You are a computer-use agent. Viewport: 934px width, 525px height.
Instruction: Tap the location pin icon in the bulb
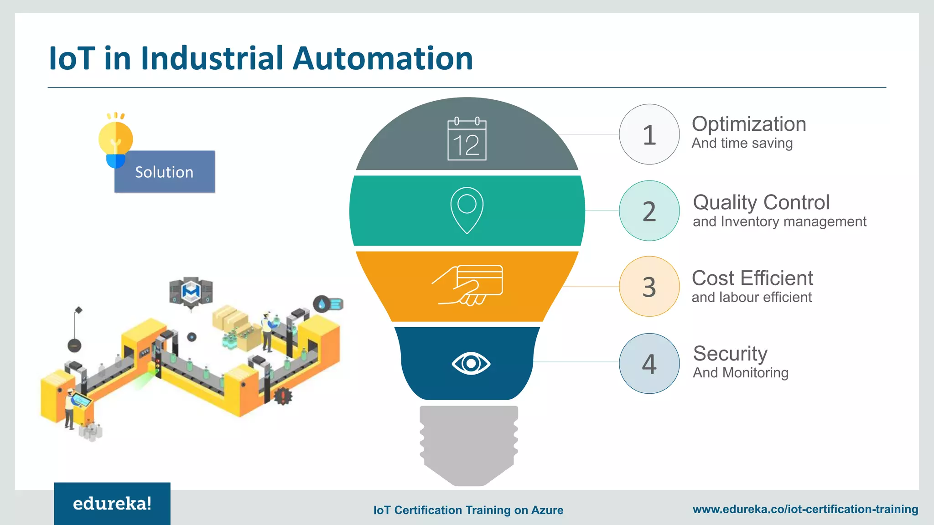click(x=467, y=210)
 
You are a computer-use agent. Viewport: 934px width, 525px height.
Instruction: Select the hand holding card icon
click(x=468, y=285)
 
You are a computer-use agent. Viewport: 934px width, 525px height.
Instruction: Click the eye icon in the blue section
click(x=471, y=363)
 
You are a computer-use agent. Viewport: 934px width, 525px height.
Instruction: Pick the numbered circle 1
click(x=649, y=134)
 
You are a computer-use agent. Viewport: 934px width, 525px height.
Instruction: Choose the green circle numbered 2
click(x=649, y=211)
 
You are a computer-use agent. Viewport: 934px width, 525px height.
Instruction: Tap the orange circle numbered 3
click(x=649, y=287)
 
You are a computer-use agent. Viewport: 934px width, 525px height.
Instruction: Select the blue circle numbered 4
click(x=649, y=364)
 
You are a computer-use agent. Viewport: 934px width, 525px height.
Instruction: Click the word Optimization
click(x=749, y=124)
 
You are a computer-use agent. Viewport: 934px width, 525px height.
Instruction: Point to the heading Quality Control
click(x=761, y=202)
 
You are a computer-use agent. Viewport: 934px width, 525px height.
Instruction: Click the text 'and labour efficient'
click(x=752, y=297)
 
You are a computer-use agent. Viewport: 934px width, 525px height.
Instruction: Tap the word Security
click(x=730, y=354)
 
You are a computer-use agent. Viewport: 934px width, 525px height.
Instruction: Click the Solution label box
click(x=165, y=172)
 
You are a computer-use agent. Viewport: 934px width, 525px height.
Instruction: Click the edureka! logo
click(x=112, y=504)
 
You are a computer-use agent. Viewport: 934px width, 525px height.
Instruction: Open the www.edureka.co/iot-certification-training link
click(x=805, y=509)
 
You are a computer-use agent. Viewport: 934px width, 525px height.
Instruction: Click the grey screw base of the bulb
click(x=469, y=444)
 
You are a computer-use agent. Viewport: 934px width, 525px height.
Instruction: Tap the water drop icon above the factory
click(x=322, y=304)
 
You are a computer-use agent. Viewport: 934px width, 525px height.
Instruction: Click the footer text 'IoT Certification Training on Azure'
click(x=468, y=510)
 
